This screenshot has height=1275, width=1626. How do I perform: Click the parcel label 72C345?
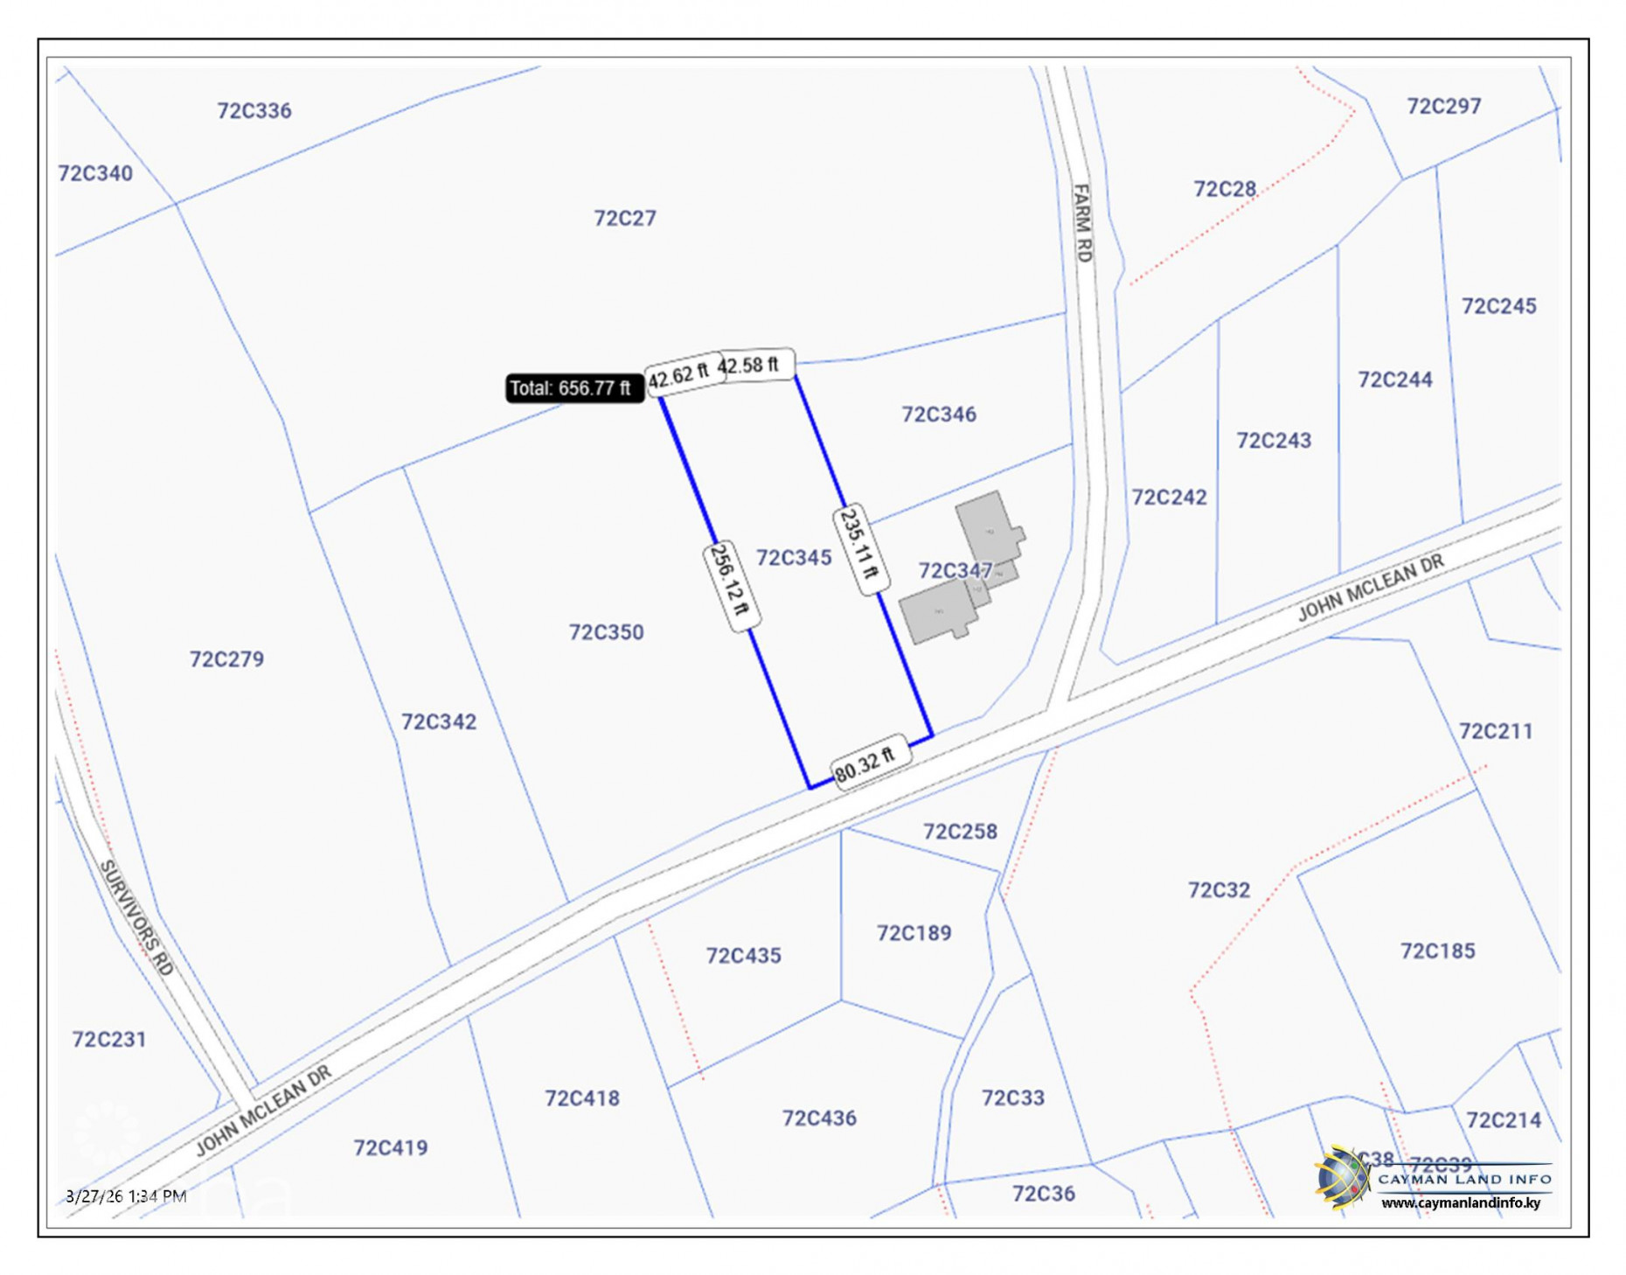tap(793, 557)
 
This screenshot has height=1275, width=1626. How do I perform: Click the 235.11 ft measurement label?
tap(860, 548)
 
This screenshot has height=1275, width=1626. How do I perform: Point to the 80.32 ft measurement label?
tap(865, 763)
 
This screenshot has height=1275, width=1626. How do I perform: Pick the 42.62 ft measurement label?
tap(679, 377)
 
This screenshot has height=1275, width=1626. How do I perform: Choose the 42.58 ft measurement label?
tap(749, 365)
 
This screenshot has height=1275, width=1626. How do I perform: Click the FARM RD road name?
tap(1082, 223)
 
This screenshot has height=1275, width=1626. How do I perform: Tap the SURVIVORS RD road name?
tap(137, 916)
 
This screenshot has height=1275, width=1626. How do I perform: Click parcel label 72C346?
tap(938, 414)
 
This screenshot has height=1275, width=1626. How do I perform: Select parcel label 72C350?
tap(606, 631)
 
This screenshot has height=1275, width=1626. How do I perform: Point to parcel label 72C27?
tap(624, 218)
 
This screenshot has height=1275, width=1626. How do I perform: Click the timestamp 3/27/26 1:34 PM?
tap(126, 1195)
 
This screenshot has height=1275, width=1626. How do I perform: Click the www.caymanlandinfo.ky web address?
tap(1460, 1202)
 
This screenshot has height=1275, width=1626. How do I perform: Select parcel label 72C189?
tap(914, 933)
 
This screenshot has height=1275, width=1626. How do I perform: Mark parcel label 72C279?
tap(226, 658)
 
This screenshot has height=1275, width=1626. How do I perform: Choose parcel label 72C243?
tap(1273, 440)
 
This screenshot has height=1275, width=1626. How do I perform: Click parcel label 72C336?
tap(254, 110)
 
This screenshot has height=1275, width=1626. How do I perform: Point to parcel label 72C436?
tap(818, 1118)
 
